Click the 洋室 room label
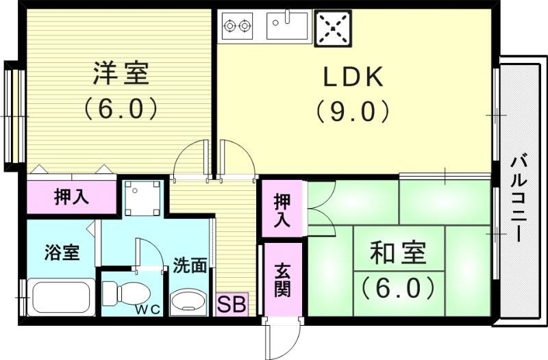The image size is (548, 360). click(121, 74)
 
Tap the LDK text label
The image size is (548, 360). click(353, 77)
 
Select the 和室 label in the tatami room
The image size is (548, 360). click(398, 253)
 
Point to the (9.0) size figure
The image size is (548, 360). click(353, 111)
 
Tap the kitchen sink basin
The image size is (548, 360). click(288, 27)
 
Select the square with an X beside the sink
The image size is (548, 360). click(332, 28)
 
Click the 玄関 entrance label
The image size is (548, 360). click(282, 280)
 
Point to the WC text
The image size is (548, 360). click(147, 309)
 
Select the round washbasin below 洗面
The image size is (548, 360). click(187, 300)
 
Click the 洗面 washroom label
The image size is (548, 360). click(189, 266)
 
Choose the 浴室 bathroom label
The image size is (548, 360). click(62, 253)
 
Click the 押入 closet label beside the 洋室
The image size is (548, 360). click(71, 197)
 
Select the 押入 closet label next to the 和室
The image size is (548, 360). click(282, 211)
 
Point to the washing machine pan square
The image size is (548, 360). click(143, 197)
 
